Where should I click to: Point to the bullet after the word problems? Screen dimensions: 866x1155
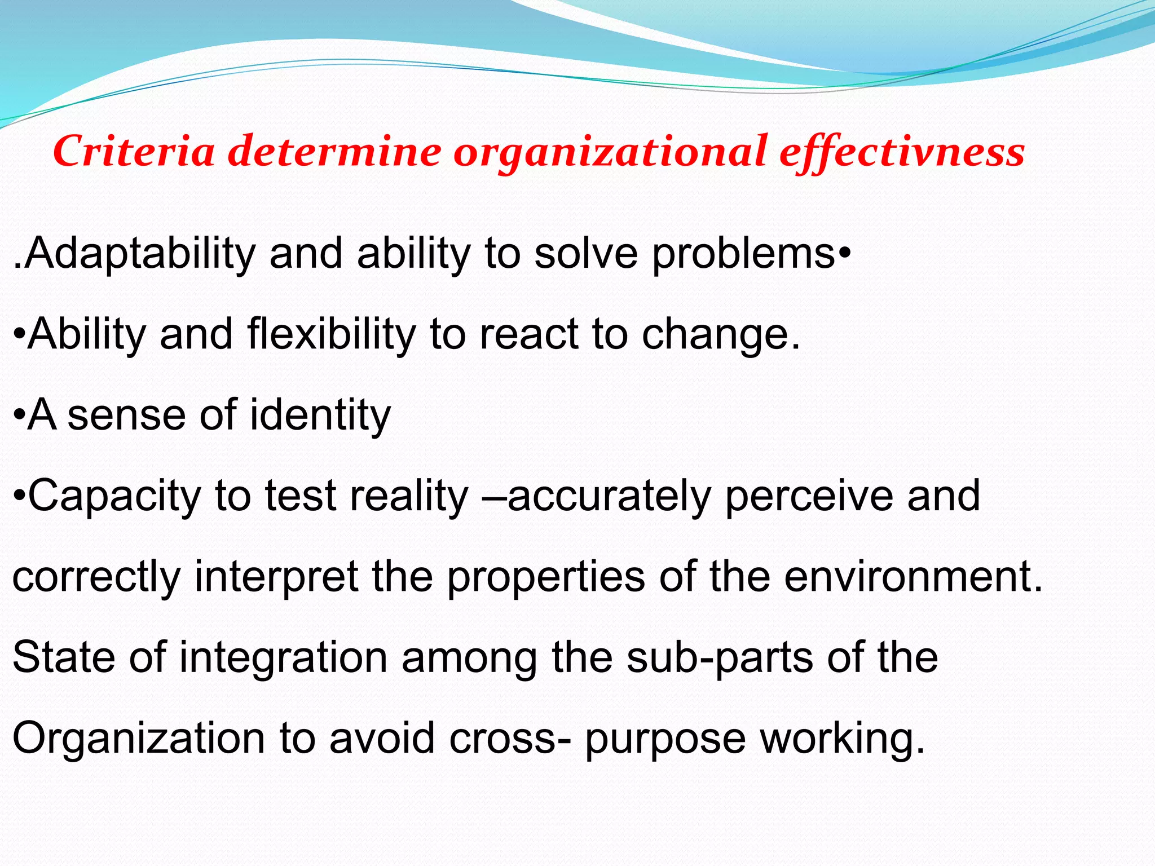pos(844,251)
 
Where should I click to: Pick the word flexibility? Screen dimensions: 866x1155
pos(331,334)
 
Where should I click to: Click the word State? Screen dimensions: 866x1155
pos(63,657)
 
